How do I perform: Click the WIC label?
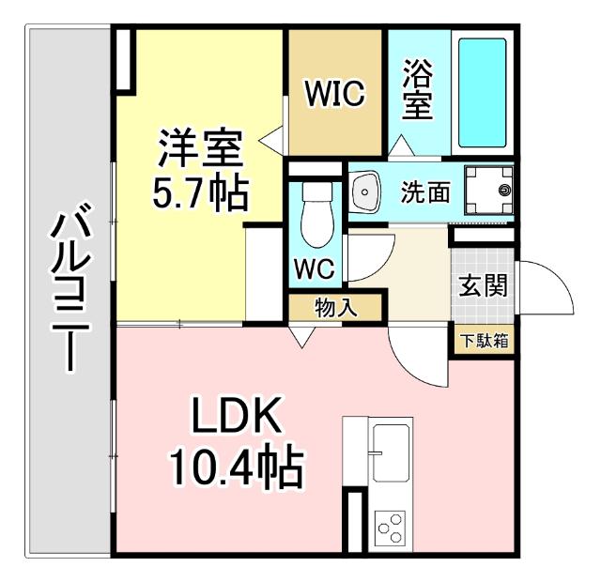click(x=334, y=94)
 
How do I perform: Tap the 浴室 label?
click(x=418, y=90)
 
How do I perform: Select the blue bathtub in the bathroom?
click(x=482, y=93)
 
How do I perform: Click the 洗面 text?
click(x=425, y=192)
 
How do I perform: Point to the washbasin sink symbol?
click(x=364, y=192)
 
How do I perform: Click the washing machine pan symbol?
click(x=493, y=191)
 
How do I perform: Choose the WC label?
click(x=314, y=269)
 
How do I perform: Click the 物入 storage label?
click(x=335, y=307)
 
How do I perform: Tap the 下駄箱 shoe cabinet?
click(x=485, y=340)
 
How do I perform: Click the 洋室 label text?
click(x=200, y=147)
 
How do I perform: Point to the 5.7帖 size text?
click(x=200, y=193)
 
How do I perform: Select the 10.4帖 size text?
click(x=236, y=467)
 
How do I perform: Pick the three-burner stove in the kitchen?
click(x=389, y=527)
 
